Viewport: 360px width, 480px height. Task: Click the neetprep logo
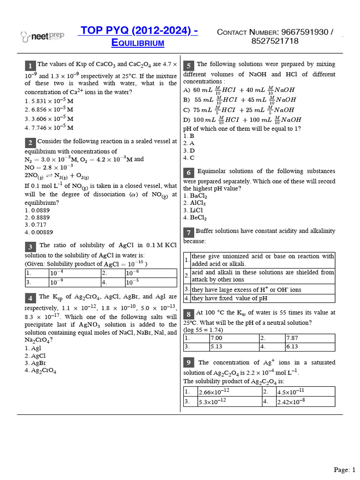coord(42,36)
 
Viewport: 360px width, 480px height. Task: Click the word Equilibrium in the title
coord(137,43)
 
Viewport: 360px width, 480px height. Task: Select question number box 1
coord(30,65)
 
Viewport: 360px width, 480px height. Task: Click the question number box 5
coord(188,65)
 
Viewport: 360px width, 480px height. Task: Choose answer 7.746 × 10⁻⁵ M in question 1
coord(49,127)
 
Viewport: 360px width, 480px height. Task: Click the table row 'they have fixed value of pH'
coord(262,298)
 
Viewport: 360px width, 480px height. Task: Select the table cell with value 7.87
coord(309,337)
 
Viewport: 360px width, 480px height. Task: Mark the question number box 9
coord(188,362)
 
